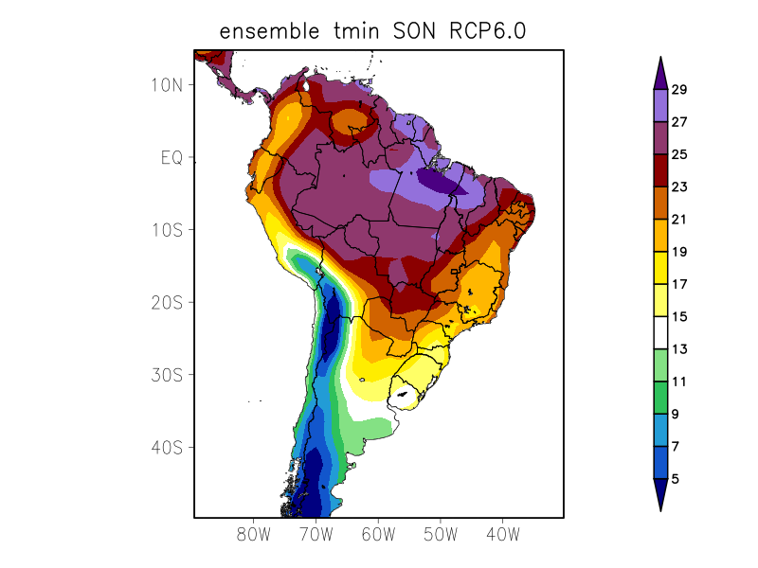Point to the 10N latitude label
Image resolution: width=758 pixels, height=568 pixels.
[167, 85]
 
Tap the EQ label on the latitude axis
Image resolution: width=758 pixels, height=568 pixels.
[171, 157]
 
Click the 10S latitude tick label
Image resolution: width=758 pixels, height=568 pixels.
[167, 230]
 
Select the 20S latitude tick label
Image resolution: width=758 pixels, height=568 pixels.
[167, 303]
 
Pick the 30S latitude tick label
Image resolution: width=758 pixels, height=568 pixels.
[167, 375]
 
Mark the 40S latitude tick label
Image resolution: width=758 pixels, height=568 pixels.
[167, 448]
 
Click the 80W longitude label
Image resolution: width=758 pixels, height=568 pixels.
[254, 535]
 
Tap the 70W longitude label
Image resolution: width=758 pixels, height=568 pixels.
[316, 535]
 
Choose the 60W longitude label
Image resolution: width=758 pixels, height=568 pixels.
[378, 535]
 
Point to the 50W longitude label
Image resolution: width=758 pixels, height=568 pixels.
[440, 535]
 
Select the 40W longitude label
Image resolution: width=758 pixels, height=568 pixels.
[502, 535]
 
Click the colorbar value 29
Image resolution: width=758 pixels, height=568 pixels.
[678, 90]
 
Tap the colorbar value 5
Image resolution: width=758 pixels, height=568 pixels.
[675, 479]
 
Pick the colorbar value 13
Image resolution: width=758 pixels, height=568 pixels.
[678, 349]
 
